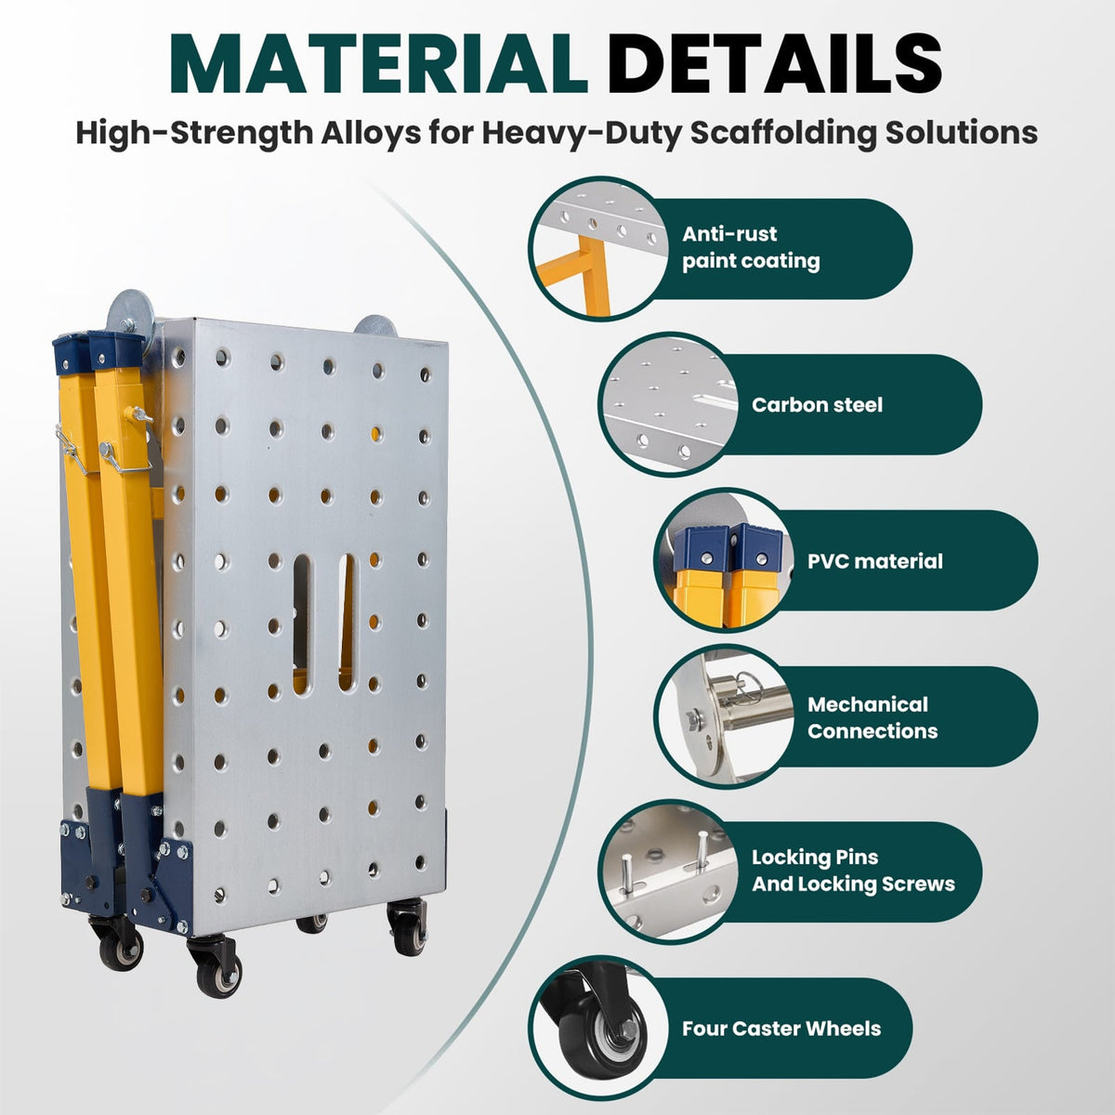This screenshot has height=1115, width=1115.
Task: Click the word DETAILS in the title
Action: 774,64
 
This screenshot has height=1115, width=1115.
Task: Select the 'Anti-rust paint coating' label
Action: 751,248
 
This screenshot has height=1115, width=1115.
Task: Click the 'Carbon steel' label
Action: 817,405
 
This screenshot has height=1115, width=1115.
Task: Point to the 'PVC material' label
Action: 875,560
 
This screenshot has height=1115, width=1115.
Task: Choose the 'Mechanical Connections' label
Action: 872,717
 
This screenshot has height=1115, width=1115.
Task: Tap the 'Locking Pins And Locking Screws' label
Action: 854,871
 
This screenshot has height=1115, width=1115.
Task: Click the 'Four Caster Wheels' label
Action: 781,1029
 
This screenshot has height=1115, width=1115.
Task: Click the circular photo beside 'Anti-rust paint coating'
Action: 600,247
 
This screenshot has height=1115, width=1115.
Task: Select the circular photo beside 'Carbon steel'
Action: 669,404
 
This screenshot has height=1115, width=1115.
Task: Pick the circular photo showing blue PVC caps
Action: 725,560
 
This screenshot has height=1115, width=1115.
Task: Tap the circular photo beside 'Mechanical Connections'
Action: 725,716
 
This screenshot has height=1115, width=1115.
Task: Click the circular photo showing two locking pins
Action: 669,872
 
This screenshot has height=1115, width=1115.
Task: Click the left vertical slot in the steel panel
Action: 302,624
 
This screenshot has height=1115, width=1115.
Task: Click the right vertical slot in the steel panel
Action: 348,622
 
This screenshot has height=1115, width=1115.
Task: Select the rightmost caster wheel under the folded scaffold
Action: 407,928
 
